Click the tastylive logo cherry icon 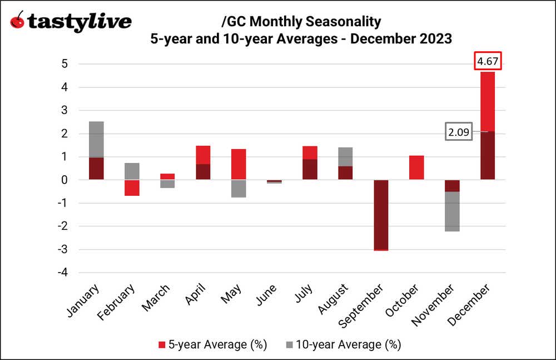(18, 22)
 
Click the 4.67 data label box (488, 61)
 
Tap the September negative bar (381, 215)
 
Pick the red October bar (416, 167)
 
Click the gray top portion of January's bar (96, 139)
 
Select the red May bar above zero (239, 164)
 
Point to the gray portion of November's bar (452, 211)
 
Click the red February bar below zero (132, 188)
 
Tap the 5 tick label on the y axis (64, 64)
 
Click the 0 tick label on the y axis (64, 180)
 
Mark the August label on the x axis (336, 299)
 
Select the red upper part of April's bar (203, 155)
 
